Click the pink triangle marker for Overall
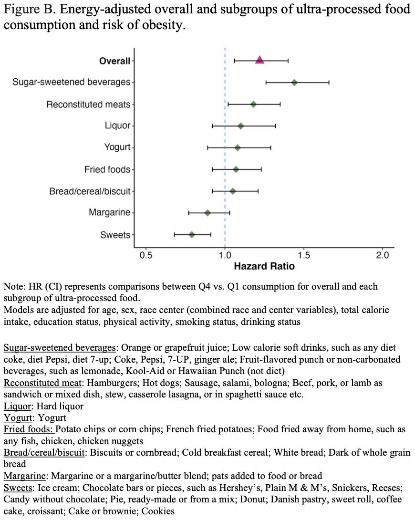click(x=259, y=60)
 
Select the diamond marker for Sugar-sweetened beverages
click(x=294, y=83)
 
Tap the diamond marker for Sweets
click(x=192, y=235)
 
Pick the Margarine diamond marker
click(x=207, y=213)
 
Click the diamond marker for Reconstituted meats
click(x=253, y=104)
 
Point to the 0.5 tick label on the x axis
click(x=146, y=256)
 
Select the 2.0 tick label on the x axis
click(x=382, y=256)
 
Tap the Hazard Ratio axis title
click(x=264, y=266)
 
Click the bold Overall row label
click(x=114, y=61)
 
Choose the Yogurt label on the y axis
click(x=117, y=147)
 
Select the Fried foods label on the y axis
click(x=107, y=169)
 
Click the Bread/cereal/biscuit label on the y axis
click(x=90, y=191)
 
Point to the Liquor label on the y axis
click(x=117, y=125)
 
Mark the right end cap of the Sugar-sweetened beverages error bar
click(x=329, y=83)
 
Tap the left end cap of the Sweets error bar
click(x=175, y=235)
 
